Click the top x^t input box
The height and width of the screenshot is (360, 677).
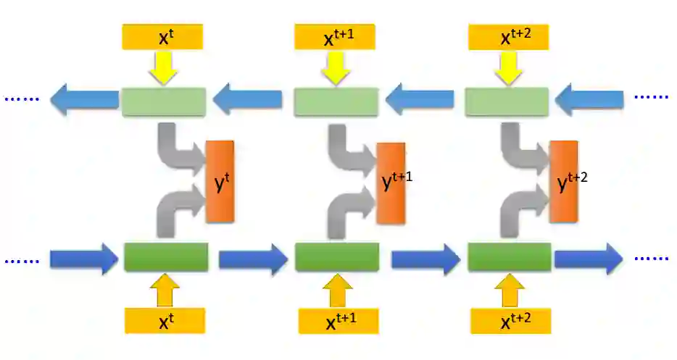(x=163, y=36)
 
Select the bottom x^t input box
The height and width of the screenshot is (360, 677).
(x=165, y=320)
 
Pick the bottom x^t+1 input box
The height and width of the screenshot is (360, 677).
(x=338, y=321)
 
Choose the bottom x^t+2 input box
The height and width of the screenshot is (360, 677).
(x=510, y=321)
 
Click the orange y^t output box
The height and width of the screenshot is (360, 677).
(x=220, y=181)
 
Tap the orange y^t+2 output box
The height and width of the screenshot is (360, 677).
(x=563, y=182)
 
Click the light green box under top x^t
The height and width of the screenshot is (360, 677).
(x=163, y=101)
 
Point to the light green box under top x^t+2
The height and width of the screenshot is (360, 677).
(x=507, y=101)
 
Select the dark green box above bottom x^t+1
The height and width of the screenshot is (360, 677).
(x=337, y=257)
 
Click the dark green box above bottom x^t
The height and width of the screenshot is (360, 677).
(x=166, y=257)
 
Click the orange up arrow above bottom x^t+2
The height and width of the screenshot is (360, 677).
(x=509, y=291)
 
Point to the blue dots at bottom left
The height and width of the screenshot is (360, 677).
(x=20, y=259)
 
